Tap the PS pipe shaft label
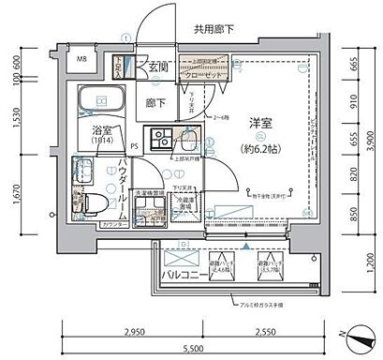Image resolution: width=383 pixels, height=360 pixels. click(134, 145)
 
